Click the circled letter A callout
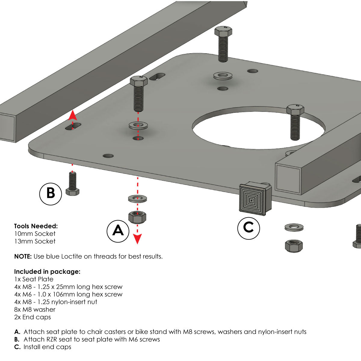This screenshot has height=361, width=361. (118, 231)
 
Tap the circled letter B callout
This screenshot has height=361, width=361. (51, 193)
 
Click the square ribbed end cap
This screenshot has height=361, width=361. (255, 200)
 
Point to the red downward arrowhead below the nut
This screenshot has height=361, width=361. (137, 239)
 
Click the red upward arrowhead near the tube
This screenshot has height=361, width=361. (72, 115)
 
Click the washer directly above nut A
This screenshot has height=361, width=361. (137, 199)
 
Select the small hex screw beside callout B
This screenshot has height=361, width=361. (72, 184)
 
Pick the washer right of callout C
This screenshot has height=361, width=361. (294, 227)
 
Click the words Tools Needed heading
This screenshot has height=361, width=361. (36, 226)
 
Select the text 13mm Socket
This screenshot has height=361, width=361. (35, 241)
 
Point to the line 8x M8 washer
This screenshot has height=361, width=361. (35, 310)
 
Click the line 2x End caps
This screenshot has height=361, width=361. (32, 317)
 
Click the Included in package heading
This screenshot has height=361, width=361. (47, 272)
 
